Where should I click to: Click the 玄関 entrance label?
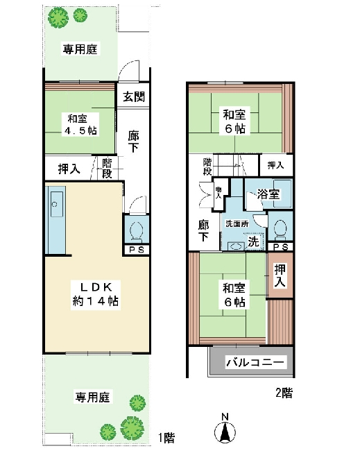coord(134,96)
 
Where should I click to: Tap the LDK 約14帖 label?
coord(96,294)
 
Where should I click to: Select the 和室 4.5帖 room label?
coord(80,124)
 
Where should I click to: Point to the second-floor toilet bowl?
coord(280,230)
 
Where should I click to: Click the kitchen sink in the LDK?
coord(57,204)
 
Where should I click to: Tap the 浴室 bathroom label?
coord(268,194)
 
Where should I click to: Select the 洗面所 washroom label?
coord(237,223)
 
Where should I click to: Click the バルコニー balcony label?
coord(255,361)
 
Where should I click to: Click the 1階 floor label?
coord(166,438)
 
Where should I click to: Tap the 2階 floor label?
coord(284,393)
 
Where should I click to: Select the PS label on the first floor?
coord(137,250)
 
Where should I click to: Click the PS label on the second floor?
coord(280,247)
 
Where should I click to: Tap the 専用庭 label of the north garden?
coord(80,49)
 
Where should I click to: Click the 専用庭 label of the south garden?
coord(92,397)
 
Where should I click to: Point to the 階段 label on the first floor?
coord(107,169)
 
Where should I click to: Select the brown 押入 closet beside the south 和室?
coord(280,275)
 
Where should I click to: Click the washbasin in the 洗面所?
coord(236,246)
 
